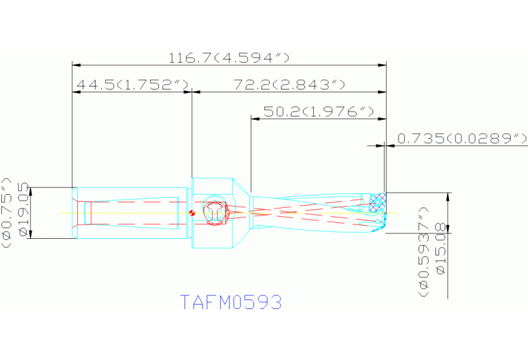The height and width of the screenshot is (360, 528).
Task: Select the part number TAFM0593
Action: click(231, 302)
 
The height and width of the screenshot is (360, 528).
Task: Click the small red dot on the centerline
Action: click(193, 212)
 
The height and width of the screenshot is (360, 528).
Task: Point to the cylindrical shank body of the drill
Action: click(131, 213)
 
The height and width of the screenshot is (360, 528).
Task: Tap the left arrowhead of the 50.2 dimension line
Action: click(254, 118)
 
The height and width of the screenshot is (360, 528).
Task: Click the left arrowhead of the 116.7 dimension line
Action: click(76, 65)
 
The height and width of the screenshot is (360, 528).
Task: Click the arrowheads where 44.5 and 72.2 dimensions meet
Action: click(192, 91)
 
